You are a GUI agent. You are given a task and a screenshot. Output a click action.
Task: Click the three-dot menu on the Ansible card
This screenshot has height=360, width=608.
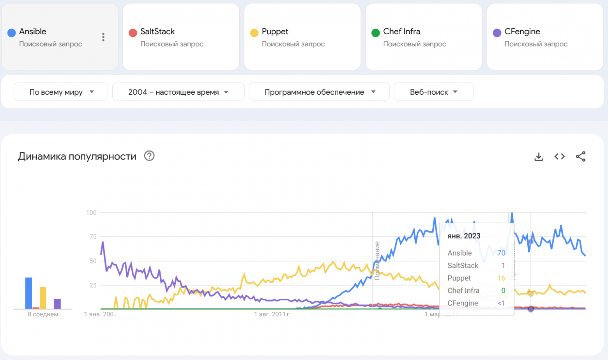[x=103, y=37]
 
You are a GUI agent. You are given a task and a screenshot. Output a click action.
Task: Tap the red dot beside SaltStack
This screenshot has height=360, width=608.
[x=133, y=33]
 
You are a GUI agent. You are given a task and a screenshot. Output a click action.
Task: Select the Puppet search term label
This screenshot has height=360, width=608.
[x=275, y=32]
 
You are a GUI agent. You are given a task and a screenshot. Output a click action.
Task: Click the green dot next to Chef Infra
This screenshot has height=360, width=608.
[x=376, y=33]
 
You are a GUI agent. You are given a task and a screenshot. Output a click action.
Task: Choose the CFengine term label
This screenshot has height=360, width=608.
[x=522, y=32]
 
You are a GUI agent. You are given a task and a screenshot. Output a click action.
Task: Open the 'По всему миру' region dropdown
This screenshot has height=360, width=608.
[x=61, y=92]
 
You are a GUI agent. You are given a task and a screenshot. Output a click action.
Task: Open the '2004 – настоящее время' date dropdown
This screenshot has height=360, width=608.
[x=178, y=92]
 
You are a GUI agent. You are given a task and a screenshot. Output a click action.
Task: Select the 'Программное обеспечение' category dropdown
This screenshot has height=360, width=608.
[x=319, y=92]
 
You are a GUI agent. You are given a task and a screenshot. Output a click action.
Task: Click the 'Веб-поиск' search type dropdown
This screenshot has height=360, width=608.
[x=433, y=92]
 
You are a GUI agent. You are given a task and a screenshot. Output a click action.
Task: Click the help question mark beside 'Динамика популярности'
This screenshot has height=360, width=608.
[x=149, y=156]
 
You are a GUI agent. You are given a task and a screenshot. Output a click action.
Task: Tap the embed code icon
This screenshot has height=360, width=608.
[x=560, y=157]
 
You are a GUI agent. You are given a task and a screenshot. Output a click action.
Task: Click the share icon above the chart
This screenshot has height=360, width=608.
[x=581, y=157]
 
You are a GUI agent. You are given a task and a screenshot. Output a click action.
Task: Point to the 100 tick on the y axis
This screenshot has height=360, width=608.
[x=91, y=213]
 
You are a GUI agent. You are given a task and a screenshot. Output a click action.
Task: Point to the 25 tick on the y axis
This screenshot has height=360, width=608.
[x=93, y=285]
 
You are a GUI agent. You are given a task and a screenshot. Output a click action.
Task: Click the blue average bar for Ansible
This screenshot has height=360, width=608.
[x=28, y=293]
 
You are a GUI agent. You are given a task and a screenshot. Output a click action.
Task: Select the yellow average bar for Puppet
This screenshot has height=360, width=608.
[x=43, y=298]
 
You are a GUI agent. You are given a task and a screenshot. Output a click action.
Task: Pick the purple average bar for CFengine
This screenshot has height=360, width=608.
[x=57, y=304]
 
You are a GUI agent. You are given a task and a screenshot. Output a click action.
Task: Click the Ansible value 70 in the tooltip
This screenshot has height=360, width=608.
[x=501, y=253]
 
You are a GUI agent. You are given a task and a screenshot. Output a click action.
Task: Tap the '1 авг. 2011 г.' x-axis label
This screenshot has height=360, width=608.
[x=272, y=314]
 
